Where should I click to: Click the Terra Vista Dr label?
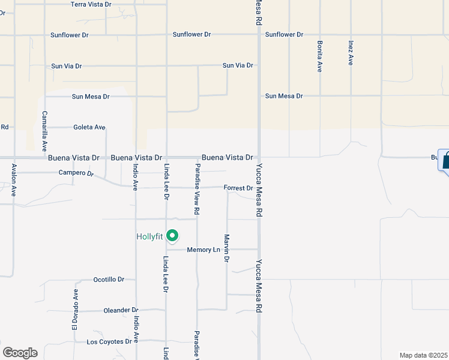click(x=91, y=4)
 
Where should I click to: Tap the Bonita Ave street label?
click(x=319, y=57)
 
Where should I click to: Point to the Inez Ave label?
click(x=351, y=53)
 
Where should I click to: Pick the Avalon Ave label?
click(x=13, y=181)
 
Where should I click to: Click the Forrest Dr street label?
click(x=238, y=188)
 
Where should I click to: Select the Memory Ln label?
click(x=204, y=250)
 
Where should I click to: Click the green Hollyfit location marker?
click(x=172, y=236)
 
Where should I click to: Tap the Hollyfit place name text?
click(x=149, y=236)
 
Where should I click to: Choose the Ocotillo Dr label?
click(x=109, y=280)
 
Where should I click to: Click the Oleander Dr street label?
click(x=121, y=310)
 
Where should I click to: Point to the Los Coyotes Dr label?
click(x=109, y=342)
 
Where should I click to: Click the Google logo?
click(x=20, y=353)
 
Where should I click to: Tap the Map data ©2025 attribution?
click(x=424, y=355)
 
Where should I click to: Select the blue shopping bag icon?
click(x=445, y=161)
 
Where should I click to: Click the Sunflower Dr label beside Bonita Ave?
click(x=285, y=35)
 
